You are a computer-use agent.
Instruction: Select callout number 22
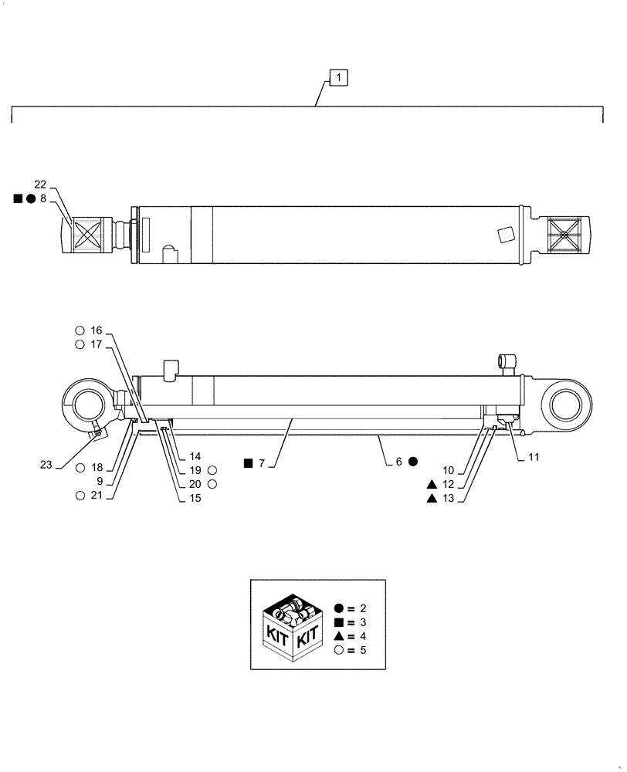tap(40, 184)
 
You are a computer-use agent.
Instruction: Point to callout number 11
tap(534, 457)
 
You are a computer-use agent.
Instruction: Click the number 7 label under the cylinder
tap(262, 463)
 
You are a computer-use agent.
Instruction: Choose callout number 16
tap(96, 330)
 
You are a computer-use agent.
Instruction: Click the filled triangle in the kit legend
tap(340, 636)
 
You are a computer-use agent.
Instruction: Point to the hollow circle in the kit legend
tap(340, 650)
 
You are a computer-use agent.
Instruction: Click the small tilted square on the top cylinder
tap(507, 234)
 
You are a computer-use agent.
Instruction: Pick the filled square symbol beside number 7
tap(248, 463)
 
